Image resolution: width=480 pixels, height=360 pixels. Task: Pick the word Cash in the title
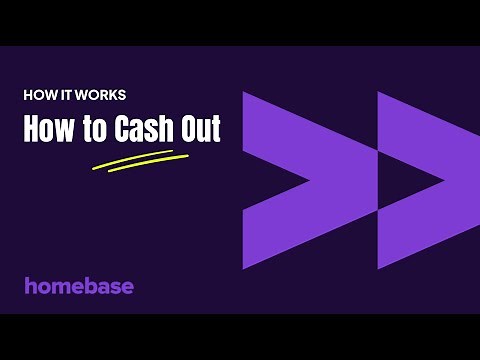click(x=140, y=131)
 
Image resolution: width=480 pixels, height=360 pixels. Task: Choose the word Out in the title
click(x=197, y=131)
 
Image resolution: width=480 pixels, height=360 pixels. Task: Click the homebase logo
click(x=79, y=285)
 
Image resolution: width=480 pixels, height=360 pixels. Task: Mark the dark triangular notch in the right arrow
click(x=405, y=181)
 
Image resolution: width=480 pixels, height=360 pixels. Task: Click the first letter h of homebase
click(x=30, y=285)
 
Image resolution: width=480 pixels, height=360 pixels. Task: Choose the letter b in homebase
click(x=91, y=285)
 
